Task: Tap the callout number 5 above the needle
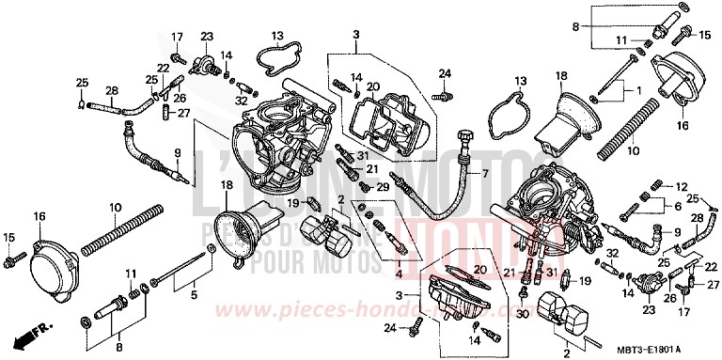click(194, 296)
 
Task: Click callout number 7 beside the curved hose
click(487, 174)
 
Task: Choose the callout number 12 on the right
click(682, 187)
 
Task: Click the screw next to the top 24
click(439, 94)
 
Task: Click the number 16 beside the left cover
click(39, 217)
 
